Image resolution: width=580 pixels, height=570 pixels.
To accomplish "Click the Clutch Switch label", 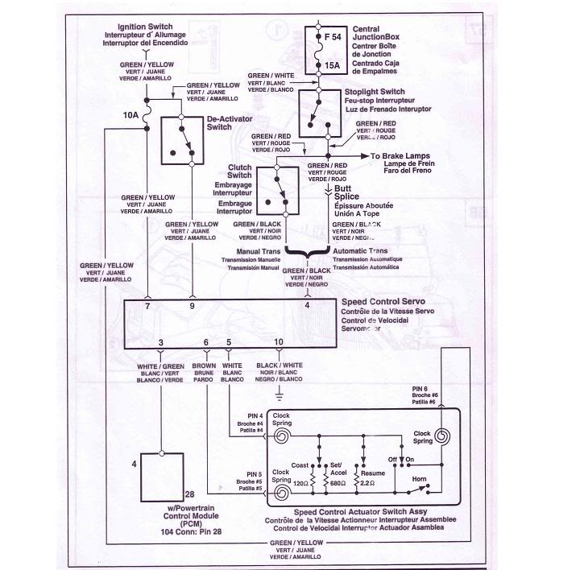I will point(240,170).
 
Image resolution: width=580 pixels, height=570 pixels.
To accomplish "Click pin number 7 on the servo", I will point(147,308).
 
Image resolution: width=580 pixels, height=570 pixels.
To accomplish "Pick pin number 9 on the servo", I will point(192,308).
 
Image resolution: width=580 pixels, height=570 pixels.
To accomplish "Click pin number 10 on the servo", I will point(279,343).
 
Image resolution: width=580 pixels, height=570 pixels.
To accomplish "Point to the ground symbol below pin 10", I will point(279,394).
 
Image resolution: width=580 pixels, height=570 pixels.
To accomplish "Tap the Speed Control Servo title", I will point(378,303).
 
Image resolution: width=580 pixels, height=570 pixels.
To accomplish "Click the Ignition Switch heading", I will point(144,27).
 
